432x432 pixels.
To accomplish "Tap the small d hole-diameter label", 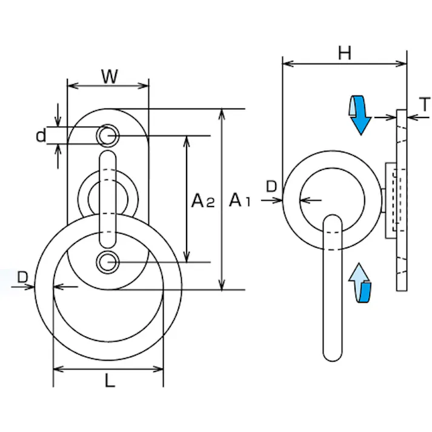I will [41, 136].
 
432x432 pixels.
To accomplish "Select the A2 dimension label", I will [202, 200].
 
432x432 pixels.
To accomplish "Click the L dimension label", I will [109, 381].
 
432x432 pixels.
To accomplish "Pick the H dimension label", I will [345, 53].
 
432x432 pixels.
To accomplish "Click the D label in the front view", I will [22, 277].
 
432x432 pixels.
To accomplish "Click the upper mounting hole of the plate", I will [108, 135].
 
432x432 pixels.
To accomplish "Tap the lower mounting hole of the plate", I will [108, 262].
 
